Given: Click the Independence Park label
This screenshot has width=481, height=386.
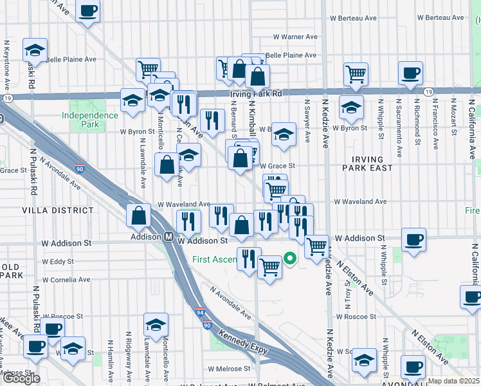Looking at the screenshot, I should pyautogui.click(x=90, y=120).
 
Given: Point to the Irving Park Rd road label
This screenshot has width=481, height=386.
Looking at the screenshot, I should pyautogui.click(x=256, y=94).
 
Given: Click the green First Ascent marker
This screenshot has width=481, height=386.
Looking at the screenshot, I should pyautogui.click(x=289, y=259).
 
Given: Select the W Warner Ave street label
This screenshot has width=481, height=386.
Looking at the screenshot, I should pyautogui.click(x=295, y=37).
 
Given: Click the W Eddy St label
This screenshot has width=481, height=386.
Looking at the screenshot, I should pyautogui.click(x=57, y=262).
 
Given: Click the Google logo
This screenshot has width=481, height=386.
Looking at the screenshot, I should pyautogui.click(x=21, y=378).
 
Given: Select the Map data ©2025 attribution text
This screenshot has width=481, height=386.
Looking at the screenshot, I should pyautogui.click(x=454, y=381).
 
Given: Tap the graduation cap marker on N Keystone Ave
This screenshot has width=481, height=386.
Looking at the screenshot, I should pyautogui.click(x=35, y=50).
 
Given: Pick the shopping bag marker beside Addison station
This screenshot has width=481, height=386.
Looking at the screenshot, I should pyautogui.click(x=139, y=216).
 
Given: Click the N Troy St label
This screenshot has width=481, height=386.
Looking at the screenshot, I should pyautogui.click(x=347, y=293).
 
